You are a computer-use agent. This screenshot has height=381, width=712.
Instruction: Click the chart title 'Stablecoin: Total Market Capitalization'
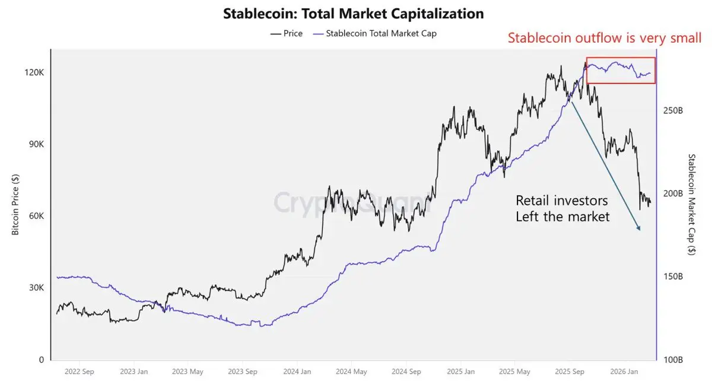353,13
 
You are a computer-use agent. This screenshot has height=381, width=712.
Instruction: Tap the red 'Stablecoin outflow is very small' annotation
605,39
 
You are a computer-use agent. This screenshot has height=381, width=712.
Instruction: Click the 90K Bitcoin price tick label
35,145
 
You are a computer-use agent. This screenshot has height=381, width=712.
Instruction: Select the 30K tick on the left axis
35,288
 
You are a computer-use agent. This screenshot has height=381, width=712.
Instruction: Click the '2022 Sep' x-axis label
80,372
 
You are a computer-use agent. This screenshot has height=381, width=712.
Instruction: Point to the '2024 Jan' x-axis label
297,372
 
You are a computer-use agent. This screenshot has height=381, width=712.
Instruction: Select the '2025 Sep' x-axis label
569,372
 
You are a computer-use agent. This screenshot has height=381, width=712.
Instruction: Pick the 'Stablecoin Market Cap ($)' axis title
692,205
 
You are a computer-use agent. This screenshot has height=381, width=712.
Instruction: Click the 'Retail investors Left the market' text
562,208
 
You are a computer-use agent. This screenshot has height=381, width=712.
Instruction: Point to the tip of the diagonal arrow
640,230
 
